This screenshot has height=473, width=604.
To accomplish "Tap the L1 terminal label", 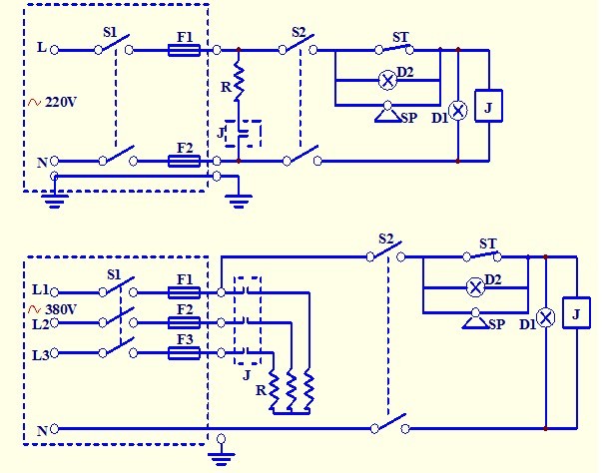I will [x=40, y=290].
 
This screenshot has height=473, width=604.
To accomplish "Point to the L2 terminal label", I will [x=40, y=324].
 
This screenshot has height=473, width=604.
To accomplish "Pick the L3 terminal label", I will [x=40, y=354].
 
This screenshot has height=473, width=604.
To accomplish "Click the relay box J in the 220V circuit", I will [x=487, y=106].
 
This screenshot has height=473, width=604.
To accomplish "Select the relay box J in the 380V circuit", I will [x=575, y=313].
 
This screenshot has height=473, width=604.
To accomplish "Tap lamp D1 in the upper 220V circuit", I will [x=457, y=111].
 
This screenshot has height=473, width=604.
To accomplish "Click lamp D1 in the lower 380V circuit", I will [x=545, y=318].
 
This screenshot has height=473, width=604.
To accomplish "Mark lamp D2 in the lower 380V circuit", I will [x=475, y=286].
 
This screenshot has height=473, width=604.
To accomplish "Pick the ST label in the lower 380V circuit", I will [x=487, y=243].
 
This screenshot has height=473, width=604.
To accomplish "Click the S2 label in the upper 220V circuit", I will [x=299, y=32].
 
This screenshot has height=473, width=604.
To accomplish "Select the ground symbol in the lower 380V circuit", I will [x=222, y=454].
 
